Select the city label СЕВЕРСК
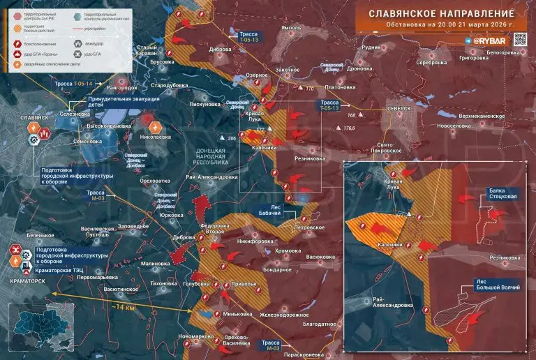pos(399,110)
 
